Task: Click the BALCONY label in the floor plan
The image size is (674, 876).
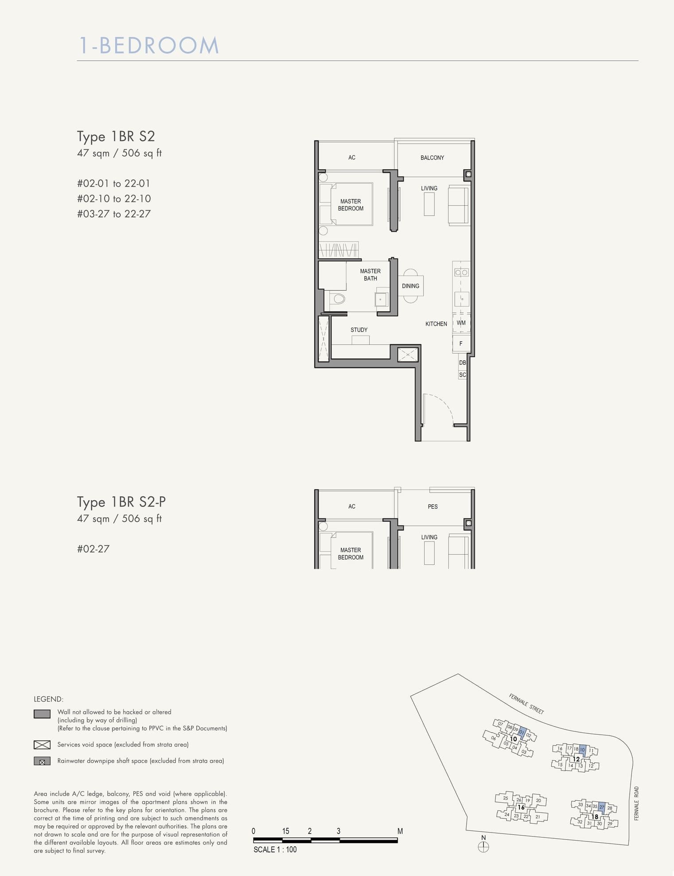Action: pos(432,158)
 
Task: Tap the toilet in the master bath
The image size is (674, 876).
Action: pos(339,299)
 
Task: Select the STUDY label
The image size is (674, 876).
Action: pos(359,330)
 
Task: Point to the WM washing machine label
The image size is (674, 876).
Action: pos(461,323)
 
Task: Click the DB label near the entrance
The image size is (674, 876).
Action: pos(463,362)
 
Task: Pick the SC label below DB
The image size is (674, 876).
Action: pos(463,375)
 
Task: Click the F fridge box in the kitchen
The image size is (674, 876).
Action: pos(461,343)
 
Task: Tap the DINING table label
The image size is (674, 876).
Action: pos(410,286)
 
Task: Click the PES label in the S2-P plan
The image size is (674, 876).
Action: pos(433,506)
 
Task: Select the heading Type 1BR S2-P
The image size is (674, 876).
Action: pos(121,502)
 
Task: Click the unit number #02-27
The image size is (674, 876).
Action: pos(93,549)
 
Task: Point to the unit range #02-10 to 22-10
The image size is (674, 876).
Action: pos(114,199)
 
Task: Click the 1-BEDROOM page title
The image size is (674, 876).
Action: pos(149,46)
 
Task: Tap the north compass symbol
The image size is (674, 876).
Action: pos(483,847)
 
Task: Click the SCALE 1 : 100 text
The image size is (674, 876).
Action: pos(275,849)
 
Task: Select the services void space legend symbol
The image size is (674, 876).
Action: pos(42,744)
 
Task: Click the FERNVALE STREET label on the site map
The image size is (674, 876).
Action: pos(526,704)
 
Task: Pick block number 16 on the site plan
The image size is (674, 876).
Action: pos(521,807)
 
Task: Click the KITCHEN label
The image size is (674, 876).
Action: pos(436,324)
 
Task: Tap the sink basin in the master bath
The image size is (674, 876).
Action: pos(381,300)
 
